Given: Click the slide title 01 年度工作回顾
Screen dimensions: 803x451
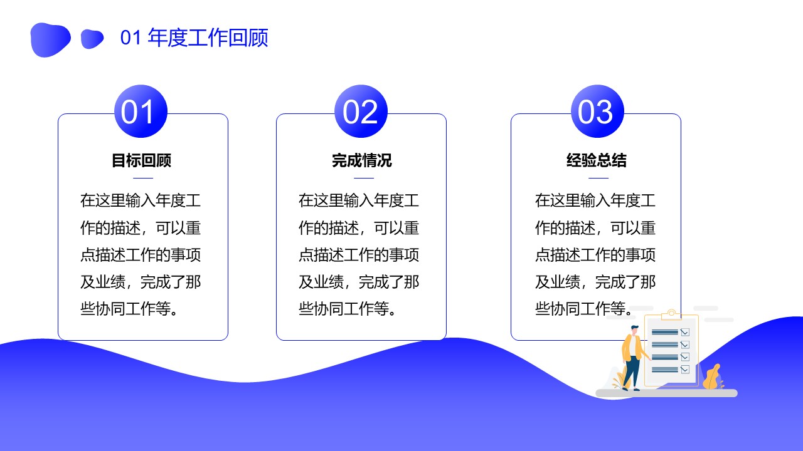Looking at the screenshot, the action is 194,38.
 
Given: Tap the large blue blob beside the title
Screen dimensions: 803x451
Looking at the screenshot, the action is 50,39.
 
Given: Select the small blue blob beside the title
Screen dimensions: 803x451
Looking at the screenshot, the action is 92,39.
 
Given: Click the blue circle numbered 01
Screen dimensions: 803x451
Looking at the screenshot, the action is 141,111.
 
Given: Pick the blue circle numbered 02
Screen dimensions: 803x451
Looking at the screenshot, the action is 361,111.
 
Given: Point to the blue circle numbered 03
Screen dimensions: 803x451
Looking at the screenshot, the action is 597,111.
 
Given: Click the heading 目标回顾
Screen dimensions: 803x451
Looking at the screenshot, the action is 142,160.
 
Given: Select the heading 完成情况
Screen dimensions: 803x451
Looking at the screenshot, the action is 362,160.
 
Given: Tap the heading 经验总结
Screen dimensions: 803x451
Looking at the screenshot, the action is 597,160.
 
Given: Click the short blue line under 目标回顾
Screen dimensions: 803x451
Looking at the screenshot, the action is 143,178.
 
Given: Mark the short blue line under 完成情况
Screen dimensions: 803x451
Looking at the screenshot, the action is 364,178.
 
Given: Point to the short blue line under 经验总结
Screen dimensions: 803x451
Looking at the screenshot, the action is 598,178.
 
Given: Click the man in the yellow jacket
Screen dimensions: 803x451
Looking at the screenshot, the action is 633,358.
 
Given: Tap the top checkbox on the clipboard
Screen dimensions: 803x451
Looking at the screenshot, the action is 684,332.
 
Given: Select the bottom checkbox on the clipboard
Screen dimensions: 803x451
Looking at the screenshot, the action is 684,370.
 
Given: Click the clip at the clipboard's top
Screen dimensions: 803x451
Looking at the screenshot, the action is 671,314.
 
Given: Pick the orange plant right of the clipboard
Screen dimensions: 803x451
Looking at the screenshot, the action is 713,377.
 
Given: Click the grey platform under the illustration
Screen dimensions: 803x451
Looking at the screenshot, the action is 666,393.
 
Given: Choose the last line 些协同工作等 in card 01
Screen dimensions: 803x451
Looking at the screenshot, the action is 129,309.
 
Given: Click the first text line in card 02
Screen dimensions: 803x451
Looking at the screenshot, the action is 359,200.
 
